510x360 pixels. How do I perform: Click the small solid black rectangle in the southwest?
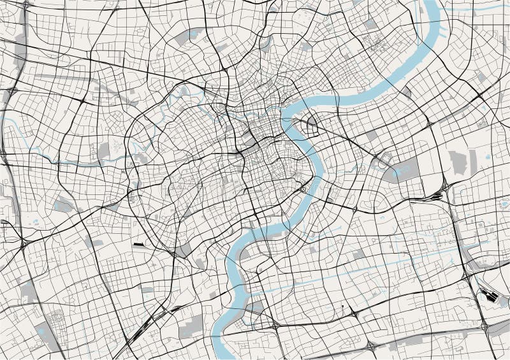pos(139,244)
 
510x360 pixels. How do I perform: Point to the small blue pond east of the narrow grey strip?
pos(488,157)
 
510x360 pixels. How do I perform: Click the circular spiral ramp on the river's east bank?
pos(304,189)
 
